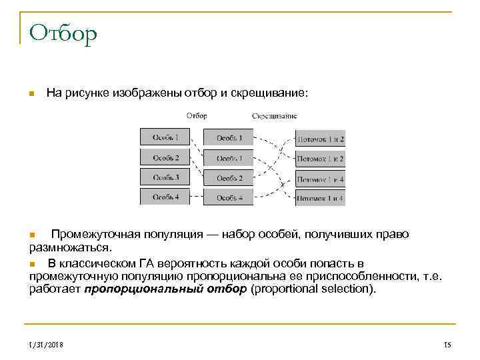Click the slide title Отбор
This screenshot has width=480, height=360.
pyautogui.click(x=63, y=32)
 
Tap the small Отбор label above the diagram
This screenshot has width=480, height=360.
pyautogui.click(x=197, y=115)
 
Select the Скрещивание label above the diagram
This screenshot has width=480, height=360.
pyautogui.click(x=275, y=115)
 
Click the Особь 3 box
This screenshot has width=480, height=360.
pyautogui.click(x=165, y=177)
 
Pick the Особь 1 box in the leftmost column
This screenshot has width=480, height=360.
pyautogui.click(x=165, y=137)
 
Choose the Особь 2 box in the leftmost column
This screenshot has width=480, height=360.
pyautogui.click(x=165, y=157)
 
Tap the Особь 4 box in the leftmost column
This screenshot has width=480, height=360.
pyautogui.click(x=165, y=197)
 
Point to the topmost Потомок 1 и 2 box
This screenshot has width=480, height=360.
pyautogui.click(x=320, y=139)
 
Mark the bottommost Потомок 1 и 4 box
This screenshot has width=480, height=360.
pyautogui.click(x=320, y=197)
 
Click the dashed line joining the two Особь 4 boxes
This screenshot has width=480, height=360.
pyautogui.click(x=196, y=197)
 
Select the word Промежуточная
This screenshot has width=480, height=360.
pyautogui.click(x=95, y=235)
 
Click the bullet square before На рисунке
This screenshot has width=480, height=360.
pyautogui.click(x=31, y=95)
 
